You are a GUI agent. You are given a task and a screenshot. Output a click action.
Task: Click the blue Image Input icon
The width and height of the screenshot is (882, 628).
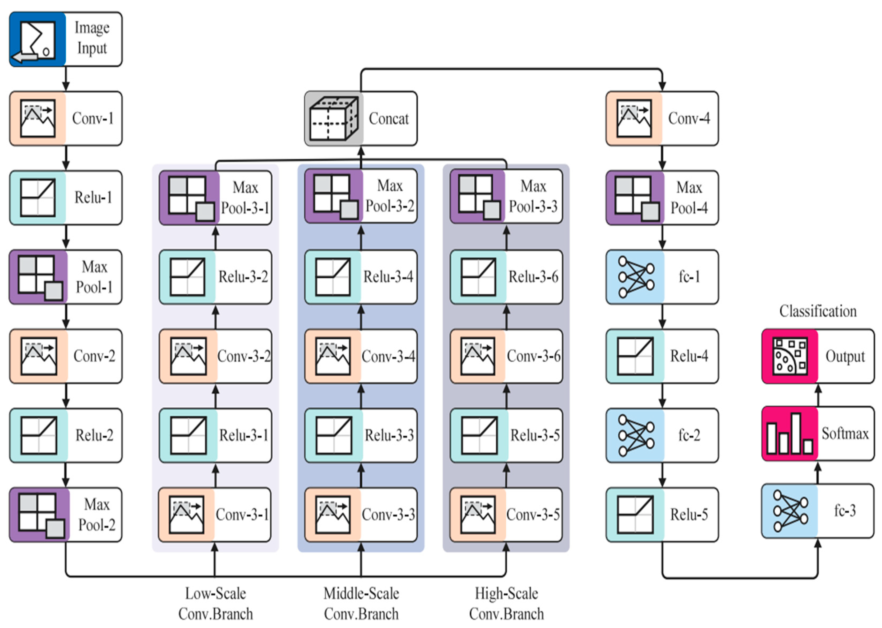tap(38, 39)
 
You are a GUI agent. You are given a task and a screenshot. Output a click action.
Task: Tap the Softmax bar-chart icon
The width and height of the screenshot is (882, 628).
tap(789, 433)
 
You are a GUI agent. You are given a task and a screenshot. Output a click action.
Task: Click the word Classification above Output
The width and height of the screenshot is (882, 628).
tap(818, 311)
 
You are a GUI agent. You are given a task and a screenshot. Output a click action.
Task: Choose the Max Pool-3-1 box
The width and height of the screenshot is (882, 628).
tap(215, 198)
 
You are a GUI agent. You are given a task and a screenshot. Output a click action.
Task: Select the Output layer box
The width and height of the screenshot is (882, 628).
tap(818, 356)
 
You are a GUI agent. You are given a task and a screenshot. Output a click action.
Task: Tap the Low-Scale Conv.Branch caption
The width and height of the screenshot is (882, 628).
tap(215, 603)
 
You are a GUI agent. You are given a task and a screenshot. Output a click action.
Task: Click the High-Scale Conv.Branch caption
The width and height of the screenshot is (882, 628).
tap(506, 603)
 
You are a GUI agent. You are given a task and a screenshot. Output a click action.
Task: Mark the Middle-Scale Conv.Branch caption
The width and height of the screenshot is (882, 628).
tap(361, 603)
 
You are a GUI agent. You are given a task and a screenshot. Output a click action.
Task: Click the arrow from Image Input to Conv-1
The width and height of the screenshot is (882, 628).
tap(66, 79)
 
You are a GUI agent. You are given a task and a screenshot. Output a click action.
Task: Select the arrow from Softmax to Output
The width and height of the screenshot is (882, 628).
tap(818, 395)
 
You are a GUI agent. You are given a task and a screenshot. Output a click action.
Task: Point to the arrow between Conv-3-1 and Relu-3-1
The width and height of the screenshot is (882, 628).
tap(215, 475)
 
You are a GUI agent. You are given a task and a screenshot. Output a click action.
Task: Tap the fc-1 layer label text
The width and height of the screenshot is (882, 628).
tap(689, 277)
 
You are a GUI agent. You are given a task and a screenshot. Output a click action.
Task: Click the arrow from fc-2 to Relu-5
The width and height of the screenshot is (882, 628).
tap(662, 475)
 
